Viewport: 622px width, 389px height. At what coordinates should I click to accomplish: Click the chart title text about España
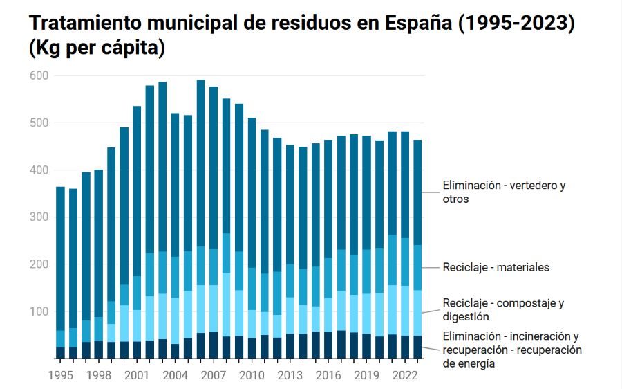click(302, 23)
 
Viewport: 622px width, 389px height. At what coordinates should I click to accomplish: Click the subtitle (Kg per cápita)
click(96, 48)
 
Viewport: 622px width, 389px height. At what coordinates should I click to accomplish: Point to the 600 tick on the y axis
click(39, 75)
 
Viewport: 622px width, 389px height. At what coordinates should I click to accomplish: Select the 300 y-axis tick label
click(39, 217)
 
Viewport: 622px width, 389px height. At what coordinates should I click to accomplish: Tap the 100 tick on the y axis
click(39, 312)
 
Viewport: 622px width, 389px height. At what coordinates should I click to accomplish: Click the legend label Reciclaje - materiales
click(496, 267)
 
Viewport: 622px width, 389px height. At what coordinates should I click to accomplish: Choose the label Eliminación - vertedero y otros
click(504, 192)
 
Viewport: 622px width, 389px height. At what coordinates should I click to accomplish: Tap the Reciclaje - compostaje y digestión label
click(504, 309)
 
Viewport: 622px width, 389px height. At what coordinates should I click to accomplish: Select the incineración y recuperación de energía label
click(511, 350)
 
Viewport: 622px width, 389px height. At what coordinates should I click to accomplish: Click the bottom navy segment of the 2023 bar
click(418, 347)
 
